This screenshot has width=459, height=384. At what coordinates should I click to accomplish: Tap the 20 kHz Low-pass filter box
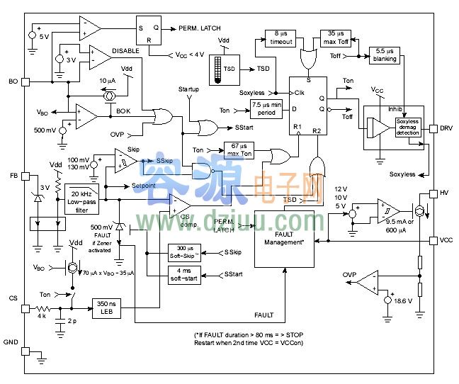(x=81, y=201)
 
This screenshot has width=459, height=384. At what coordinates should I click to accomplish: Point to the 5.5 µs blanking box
(x=384, y=55)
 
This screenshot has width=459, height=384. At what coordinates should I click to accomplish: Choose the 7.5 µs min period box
(x=266, y=110)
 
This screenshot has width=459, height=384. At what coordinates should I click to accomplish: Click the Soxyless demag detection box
(x=408, y=126)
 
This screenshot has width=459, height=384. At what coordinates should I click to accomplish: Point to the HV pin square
(x=434, y=193)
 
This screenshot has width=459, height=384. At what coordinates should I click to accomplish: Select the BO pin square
(x=25, y=81)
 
